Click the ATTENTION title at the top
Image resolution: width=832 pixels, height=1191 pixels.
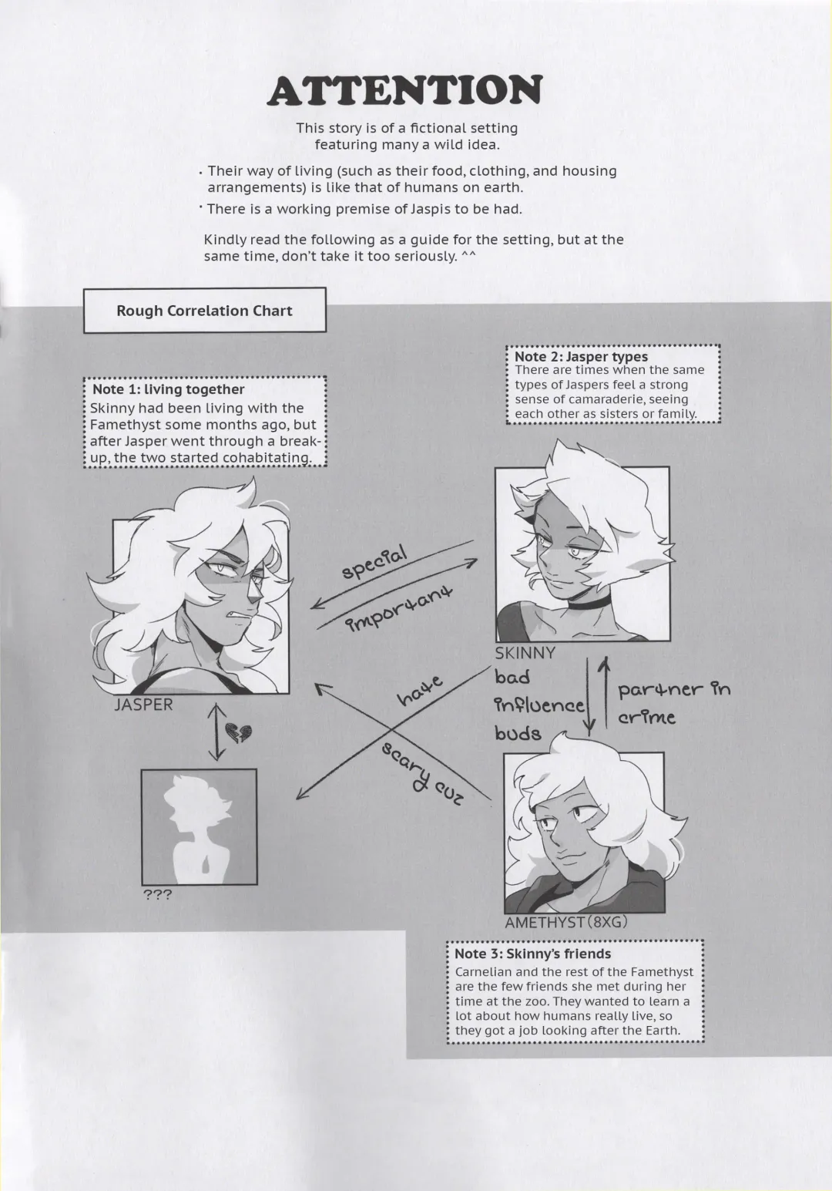[x=404, y=91]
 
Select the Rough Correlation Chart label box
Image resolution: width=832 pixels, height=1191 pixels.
[x=204, y=311]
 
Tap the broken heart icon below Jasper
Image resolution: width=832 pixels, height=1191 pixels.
[x=237, y=732]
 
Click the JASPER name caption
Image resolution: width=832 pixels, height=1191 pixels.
[x=143, y=705]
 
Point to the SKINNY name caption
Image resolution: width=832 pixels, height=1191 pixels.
[x=525, y=653]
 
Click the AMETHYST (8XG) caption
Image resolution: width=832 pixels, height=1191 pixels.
[x=566, y=922]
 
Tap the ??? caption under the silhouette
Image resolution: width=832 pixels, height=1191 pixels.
[x=158, y=895]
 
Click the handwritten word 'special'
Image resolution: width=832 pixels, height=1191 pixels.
[x=374, y=563]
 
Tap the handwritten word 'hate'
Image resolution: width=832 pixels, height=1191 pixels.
[x=420, y=690]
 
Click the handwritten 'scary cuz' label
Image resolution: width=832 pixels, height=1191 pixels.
[x=423, y=773]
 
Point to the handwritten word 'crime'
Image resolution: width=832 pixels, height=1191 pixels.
[x=646, y=718]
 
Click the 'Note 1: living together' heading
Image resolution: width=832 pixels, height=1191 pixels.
[x=168, y=389]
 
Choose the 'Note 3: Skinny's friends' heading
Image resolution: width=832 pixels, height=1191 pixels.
[x=532, y=954]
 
